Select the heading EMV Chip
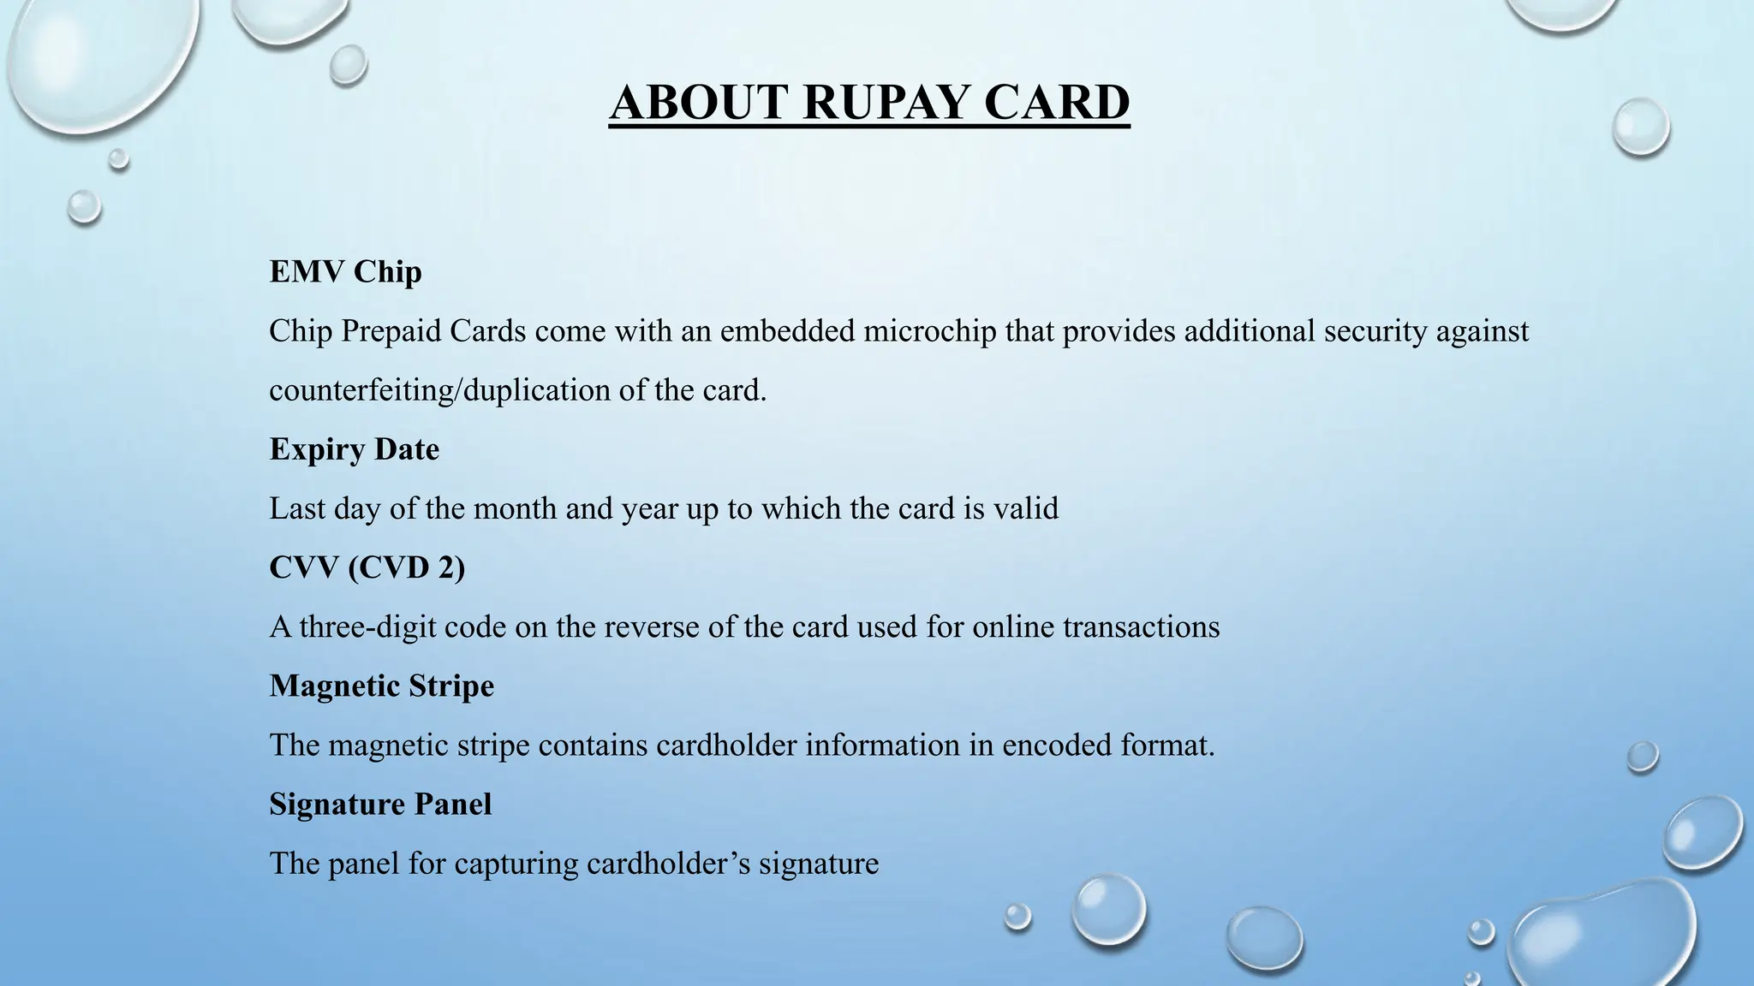click(345, 272)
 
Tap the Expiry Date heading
click(354, 449)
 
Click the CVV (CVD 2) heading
click(367, 567)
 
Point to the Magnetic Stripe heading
click(381, 686)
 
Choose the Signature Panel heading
click(380, 804)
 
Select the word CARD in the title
click(1056, 103)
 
